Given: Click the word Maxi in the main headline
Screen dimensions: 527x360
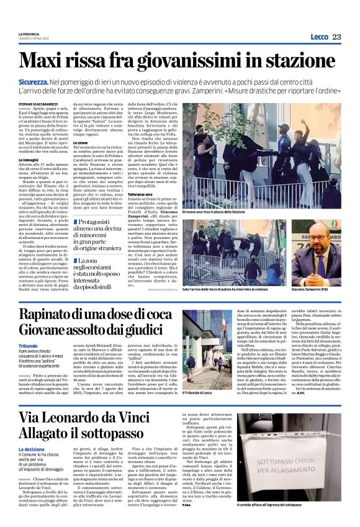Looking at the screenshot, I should pos(43,61).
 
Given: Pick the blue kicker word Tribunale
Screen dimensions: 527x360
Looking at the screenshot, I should pos(29,346).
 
